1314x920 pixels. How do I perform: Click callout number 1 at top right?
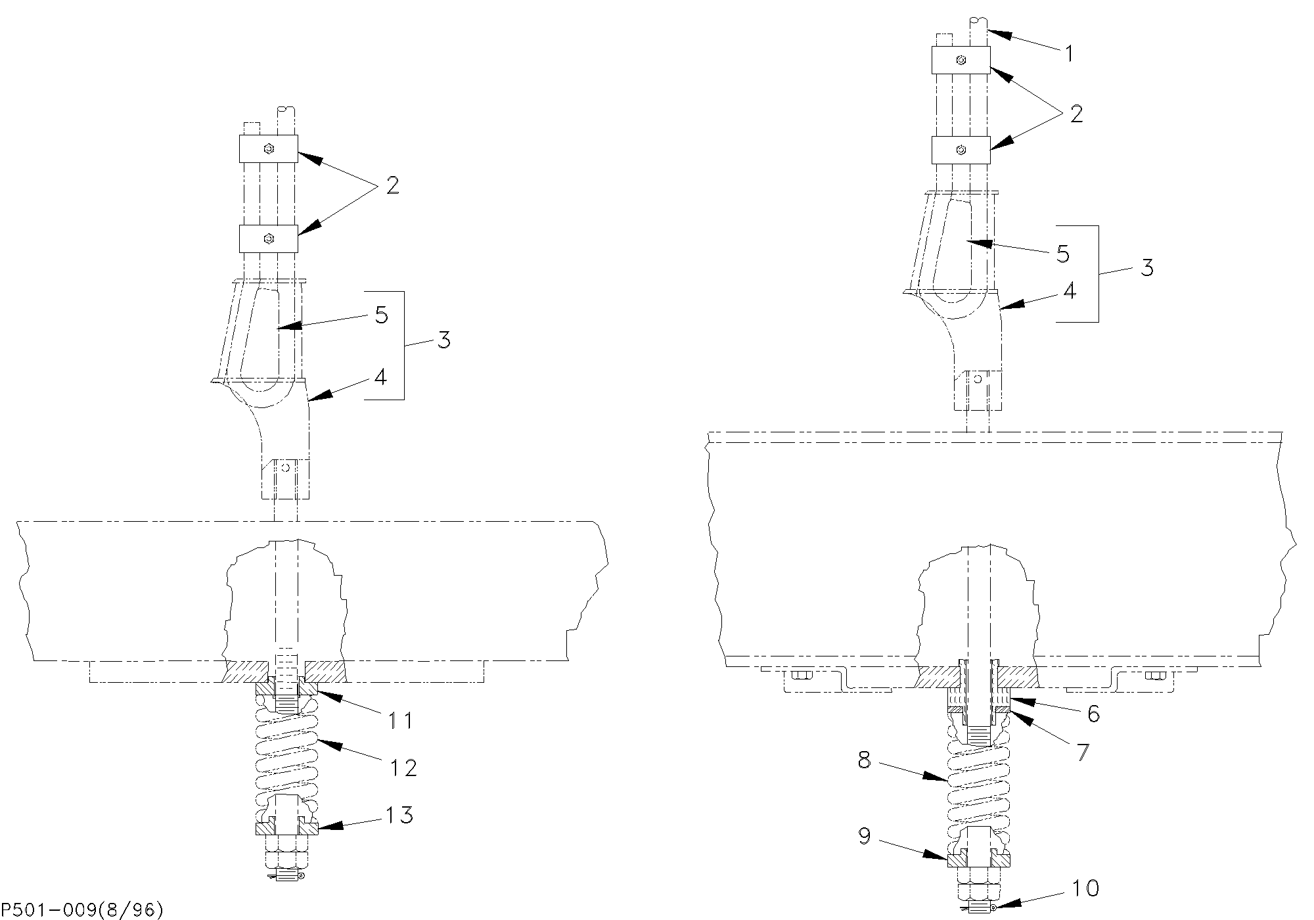pos(1069,54)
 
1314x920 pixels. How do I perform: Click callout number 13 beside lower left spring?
pos(399,816)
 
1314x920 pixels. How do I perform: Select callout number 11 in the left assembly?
pos(399,721)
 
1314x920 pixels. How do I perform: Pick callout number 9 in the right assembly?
pos(865,837)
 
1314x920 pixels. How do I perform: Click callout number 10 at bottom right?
pos(1085,889)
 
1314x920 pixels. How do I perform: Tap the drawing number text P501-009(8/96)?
pos(82,909)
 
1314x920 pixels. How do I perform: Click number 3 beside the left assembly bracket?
pos(444,340)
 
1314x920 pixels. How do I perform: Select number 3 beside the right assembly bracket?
pos(1147,268)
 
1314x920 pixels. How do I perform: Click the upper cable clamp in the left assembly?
pos(268,149)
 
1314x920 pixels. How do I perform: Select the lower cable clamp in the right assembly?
pos(961,150)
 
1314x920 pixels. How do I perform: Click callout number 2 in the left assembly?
pos(392,186)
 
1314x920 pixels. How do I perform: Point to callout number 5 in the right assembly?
pos(1063,254)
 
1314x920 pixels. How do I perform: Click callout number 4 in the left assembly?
pos(380,378)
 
